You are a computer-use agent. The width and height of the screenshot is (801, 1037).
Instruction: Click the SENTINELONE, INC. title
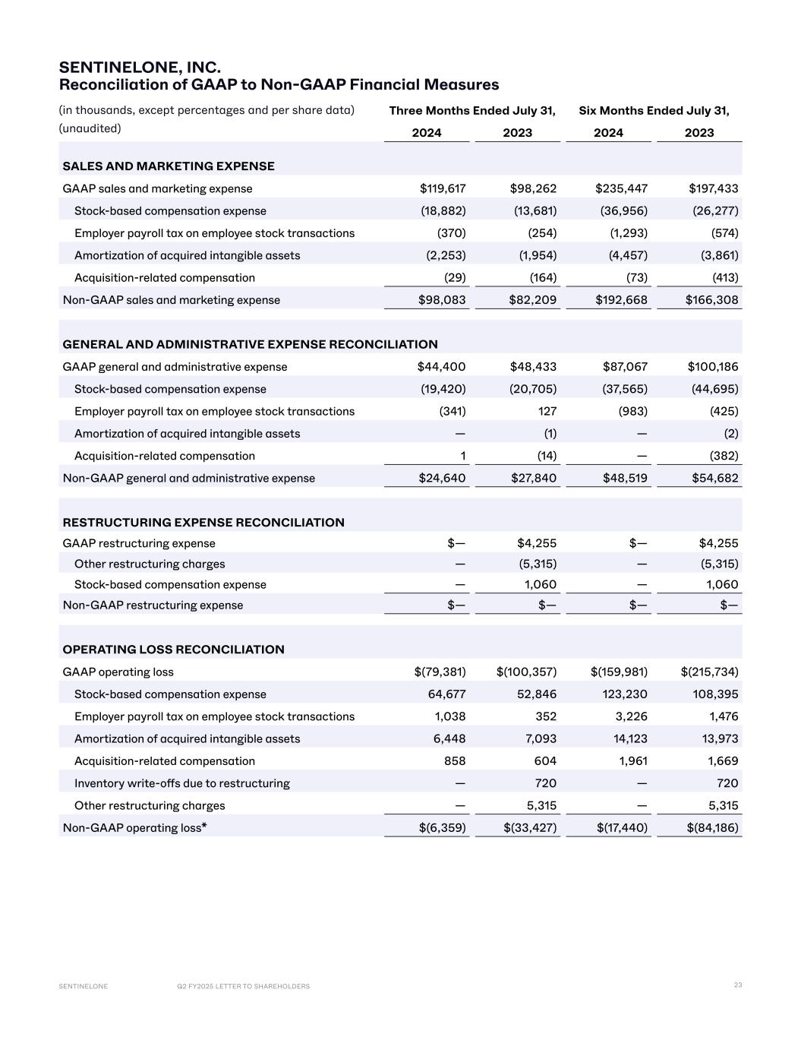[x=140, y=68]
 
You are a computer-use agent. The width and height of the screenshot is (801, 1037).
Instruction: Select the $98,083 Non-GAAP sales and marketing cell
[x=443, y=300]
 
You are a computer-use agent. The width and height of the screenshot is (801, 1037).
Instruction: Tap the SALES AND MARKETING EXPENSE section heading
[x=169, y=166]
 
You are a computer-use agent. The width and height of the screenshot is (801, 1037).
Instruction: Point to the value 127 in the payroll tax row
[x=546, y=411]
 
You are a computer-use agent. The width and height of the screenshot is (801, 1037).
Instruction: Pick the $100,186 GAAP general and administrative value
[x=713, y=367]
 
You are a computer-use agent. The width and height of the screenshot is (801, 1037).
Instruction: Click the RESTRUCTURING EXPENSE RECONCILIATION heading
[x=203, y=523]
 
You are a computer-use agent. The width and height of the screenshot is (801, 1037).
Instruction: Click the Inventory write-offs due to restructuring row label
[x=182, y=783]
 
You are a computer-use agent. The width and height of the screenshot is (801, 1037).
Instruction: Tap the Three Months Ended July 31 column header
[x=472, y=111]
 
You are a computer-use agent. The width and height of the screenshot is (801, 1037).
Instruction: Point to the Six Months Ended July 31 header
[x=654, y=111]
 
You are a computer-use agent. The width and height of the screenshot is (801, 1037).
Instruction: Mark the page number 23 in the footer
[x=738, y=985]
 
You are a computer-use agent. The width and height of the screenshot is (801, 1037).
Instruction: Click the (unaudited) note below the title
[x=90, y=128]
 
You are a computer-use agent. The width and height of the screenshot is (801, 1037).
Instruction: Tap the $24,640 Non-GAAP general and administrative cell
[x=443, y=479]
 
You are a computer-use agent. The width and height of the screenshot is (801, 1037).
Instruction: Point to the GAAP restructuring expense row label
[x=139, y=543]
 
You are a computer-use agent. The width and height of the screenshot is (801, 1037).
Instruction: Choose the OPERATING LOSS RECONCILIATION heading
[x=173, y=650]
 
